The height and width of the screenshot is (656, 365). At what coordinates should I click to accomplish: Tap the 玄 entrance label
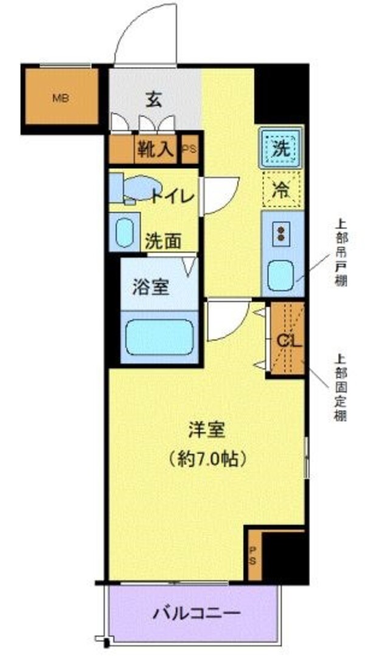pos(154,100)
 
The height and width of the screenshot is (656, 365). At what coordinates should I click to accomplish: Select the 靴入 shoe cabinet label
pos(155,150)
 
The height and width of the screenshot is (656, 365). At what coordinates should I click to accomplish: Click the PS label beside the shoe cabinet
pos(189,150)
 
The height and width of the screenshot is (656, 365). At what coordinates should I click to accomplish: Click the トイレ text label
pos(173,196)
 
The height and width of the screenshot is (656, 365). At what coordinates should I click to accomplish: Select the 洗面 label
pos(163,241)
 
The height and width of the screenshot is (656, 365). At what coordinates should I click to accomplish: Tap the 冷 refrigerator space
pos(280,189)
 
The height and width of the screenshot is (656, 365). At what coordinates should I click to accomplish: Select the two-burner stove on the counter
pos(281,234)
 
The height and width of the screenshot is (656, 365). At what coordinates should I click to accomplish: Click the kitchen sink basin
pos(281,275)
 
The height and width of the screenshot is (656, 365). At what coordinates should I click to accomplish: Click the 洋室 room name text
pos(207,430)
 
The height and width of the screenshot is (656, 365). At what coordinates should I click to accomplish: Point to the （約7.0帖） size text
pos(207,458)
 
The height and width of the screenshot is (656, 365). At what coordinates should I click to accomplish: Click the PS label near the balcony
pos(252,554)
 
